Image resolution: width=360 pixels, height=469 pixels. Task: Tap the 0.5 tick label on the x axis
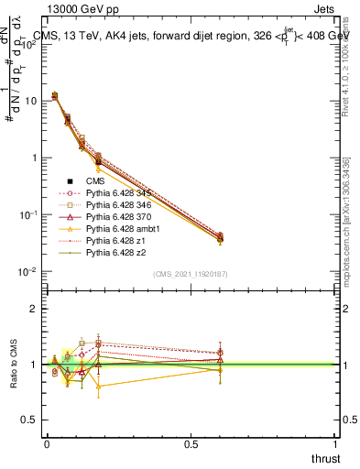coord(191,443)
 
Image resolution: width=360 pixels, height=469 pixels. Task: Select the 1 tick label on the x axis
coord(335,443)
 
